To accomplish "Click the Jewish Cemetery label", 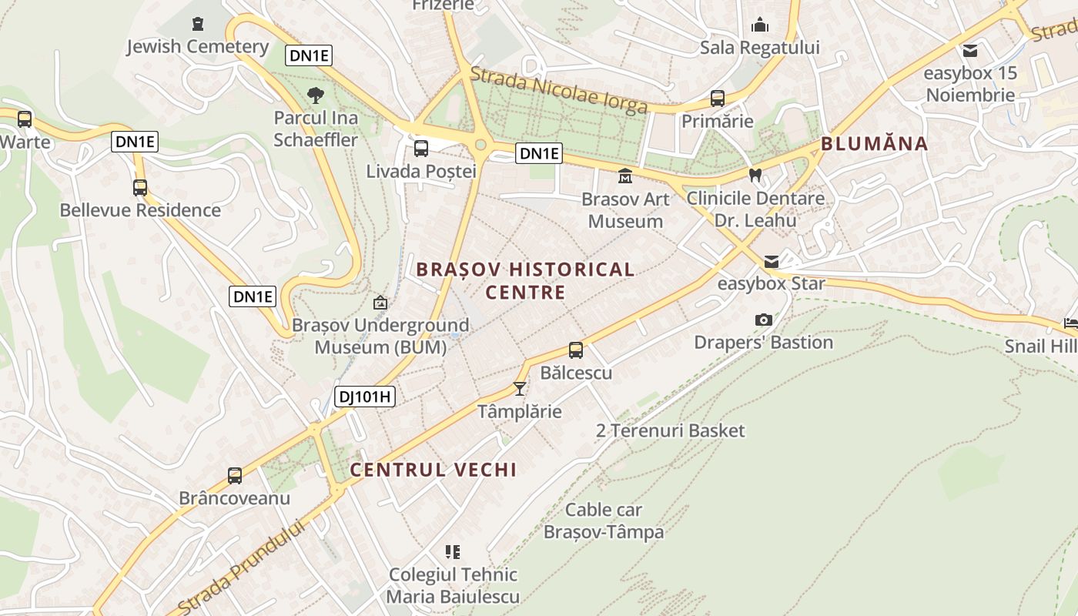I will point(198,46).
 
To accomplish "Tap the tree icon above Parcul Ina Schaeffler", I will point(315,96).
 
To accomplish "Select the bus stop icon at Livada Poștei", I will point(421,149).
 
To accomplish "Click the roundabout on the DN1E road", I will point(481,144).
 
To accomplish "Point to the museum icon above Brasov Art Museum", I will point(625,176).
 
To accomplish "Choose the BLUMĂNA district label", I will point(874,144).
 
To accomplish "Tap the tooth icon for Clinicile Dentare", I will point(755,176).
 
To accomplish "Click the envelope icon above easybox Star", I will point(771,262).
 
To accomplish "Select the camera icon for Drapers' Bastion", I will point(763,320).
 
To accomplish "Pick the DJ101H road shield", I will point(365,397).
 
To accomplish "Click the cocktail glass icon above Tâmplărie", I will point(520,389).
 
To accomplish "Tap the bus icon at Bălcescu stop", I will point(576,350).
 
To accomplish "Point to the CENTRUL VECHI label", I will point(434,470).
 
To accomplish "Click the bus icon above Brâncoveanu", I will point(235,476).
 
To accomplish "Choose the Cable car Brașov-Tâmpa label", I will point(604,521).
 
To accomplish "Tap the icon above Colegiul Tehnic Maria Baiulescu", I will point(453,551).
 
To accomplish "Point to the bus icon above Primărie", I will point(718,99).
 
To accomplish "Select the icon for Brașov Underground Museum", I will point(380,303).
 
